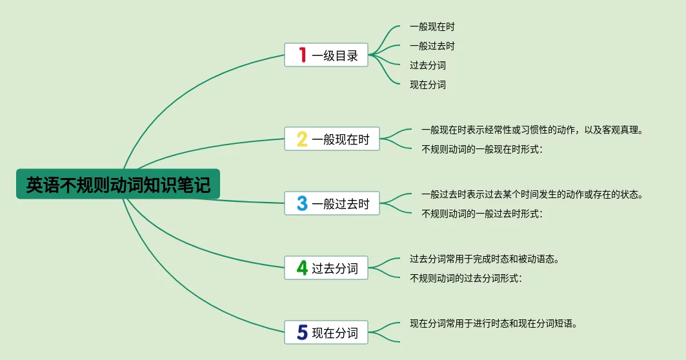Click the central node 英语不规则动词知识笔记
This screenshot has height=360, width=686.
pos(118,184)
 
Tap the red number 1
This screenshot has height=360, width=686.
pos(302,55)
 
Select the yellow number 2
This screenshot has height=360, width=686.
pos(302,139)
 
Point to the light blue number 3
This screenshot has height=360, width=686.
pos(302,203)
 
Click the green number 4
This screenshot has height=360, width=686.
pos(302,268)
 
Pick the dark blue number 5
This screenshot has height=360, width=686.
pos(302,332)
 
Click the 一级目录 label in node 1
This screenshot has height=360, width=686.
pos(335,55)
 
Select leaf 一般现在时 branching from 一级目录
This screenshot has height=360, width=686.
pos(432,26)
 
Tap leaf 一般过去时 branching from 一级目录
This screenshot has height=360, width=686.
pos(432,46)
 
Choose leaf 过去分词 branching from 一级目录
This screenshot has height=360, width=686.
pos(428,65)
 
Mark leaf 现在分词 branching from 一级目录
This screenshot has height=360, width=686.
pos(428,85)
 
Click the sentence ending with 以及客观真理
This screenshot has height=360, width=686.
pos(532,130)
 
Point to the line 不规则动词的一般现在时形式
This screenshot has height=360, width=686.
pos(481,149)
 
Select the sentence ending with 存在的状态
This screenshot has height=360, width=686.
pos(532,194)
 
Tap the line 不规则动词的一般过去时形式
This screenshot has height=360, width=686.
pos(481,214)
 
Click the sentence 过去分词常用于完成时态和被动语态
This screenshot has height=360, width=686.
pos(484,259)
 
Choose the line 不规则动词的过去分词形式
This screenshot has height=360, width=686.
pos(466,278)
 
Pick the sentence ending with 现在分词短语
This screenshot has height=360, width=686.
pos(494,323)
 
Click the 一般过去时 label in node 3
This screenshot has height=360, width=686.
pos(341,204)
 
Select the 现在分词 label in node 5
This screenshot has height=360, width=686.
pos(335,332)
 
